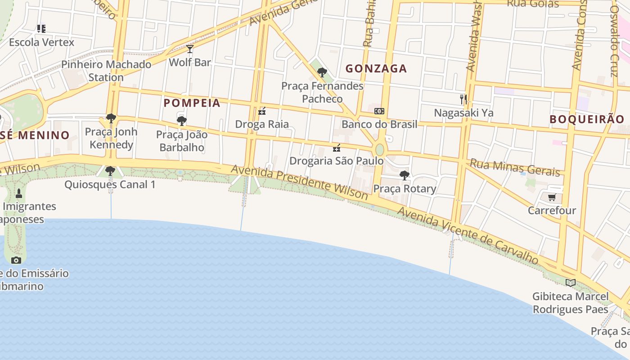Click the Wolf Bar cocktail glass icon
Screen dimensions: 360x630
click(190, 49)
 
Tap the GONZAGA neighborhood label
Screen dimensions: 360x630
click(376, 68)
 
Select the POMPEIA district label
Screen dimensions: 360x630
click(192, 103)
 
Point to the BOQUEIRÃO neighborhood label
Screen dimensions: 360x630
click(587, 119)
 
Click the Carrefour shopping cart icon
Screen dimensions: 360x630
click(552, 197)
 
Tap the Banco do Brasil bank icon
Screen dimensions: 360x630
click(379, 111)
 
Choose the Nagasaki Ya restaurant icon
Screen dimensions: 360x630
click(463, 99)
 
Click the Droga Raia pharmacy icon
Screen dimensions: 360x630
click(262, 111)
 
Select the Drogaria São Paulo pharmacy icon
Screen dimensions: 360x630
click(336, 148)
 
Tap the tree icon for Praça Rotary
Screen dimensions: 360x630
click(405, 175)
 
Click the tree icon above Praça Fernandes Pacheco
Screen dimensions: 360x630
click(322, 72)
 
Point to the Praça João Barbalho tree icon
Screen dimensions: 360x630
click(182, 121)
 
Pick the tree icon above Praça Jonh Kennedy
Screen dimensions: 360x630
click(111, 118)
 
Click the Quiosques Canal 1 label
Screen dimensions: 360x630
click(110, 184)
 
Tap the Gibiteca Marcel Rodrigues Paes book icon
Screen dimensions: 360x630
click(571, 283)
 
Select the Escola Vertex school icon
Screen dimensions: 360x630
click(41, 29)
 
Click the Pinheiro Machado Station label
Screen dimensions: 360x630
click(106, 71)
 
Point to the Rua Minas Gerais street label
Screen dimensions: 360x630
click(515, 167)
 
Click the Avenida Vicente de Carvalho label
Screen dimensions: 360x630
click(468, 236)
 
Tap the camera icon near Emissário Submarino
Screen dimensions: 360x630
click(16, 260)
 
